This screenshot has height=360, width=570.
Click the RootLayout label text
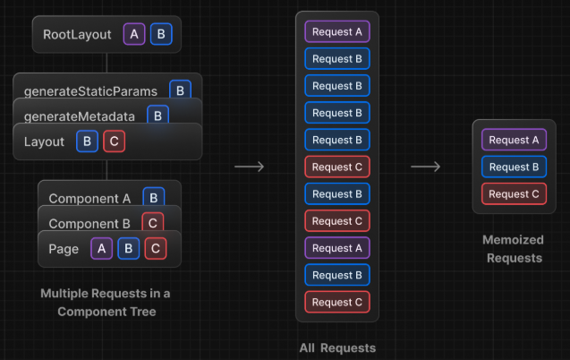click(x=77, y=35)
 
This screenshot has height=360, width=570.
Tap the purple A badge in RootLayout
click(x=134, y=35)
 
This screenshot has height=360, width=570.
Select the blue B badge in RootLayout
click(x=161, y=35)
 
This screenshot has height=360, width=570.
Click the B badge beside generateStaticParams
click(x=180, y=90)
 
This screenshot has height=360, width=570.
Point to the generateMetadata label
click(x=80, y=116)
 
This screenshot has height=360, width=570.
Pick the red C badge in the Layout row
click(x=113, y=141)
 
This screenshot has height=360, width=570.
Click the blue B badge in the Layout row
click(x=87, y=141)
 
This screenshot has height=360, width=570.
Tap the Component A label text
click(x=89, y=198)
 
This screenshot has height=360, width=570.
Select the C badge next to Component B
click(x=153, y=223)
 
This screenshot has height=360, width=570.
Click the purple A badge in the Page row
click(x=102, y=249)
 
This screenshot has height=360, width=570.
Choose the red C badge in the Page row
click(x=155, y=249)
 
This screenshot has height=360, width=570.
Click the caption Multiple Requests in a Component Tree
click(x=106, y=303)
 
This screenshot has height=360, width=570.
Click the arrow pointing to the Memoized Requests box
click(x=425, y=167)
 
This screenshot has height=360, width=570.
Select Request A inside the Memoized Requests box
click(x=514, y=140)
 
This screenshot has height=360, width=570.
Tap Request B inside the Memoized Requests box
click(x=514, y=167)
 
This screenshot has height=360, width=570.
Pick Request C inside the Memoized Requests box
click(x=514, y=193)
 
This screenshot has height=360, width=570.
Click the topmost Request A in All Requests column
click(x=336, y=31)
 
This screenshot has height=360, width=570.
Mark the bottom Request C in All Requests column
click(x=336, y=302)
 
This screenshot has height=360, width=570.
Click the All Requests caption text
click(x=336, y=347)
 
